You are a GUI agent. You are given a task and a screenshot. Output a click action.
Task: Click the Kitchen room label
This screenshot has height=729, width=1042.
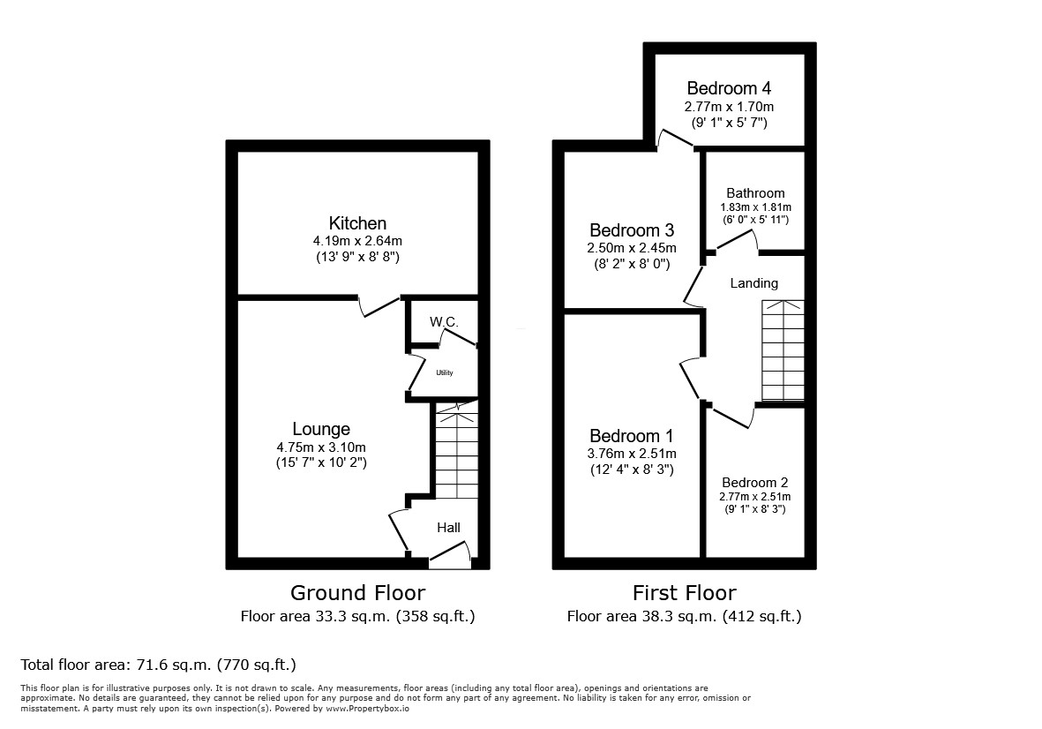tap(357, 223)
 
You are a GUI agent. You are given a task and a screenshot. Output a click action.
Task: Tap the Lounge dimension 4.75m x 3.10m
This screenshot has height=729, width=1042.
tap(321, 447)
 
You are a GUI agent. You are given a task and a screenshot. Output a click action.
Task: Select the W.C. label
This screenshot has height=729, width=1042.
tap(444, 322)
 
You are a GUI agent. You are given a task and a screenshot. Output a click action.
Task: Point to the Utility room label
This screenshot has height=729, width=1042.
tap(444, 372)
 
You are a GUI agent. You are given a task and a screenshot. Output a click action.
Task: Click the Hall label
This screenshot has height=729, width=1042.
tap(448, 528)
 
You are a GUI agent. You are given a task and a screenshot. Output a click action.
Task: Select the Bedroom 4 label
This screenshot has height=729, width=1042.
tap(729, 88)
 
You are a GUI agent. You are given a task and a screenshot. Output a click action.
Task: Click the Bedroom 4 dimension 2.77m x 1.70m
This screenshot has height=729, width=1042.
tap(729, 107)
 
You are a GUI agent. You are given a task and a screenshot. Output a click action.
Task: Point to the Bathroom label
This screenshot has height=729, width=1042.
tap(755, 193)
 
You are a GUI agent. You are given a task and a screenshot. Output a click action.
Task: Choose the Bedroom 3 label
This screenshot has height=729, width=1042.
tap(632, 230)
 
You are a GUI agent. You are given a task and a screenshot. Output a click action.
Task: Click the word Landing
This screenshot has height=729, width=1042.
tap(754, 283)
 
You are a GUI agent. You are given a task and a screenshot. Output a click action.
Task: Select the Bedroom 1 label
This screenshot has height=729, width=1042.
tap(632, 436)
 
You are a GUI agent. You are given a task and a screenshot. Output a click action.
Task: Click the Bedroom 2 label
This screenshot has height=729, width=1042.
tap(754, 483)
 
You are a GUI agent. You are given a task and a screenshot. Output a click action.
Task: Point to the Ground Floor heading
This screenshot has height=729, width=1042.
tap(357, 593)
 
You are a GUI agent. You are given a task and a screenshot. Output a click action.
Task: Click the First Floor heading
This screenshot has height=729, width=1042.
tap(684, 593)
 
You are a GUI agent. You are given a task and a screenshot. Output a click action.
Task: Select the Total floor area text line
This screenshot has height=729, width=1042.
tap(158, 665)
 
